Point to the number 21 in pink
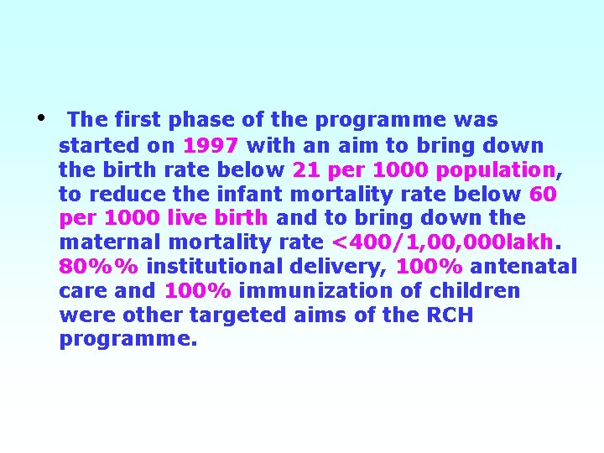(x=305, y=169)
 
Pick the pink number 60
(x=544, y=194)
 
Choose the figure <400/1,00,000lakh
(x=443, y=242)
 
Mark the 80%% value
(x=99, y=267)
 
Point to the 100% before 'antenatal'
(x=430, y=267)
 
